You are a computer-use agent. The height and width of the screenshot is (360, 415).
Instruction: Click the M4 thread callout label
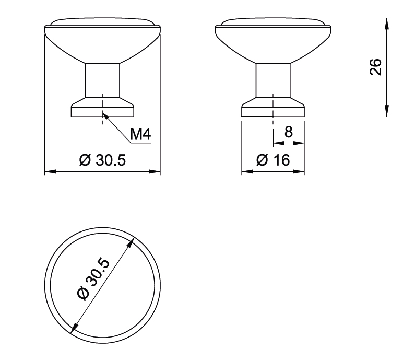coord(140,134)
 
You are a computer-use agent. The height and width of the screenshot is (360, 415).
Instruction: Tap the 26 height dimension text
coord(375,67)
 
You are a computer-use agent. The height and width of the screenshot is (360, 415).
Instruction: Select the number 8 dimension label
coord(289,132)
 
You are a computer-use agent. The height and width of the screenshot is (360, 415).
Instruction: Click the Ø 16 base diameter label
coord(273,160)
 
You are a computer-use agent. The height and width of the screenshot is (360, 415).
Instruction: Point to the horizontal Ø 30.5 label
coord(102,160)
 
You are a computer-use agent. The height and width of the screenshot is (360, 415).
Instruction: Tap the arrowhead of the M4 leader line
coord(105,116)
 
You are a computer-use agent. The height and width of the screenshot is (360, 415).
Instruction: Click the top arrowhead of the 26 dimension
coord(387,24)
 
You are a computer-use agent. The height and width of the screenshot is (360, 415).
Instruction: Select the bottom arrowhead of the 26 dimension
coord(387,111)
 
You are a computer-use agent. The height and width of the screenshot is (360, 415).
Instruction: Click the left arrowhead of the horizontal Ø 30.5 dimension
coord(50,172)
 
